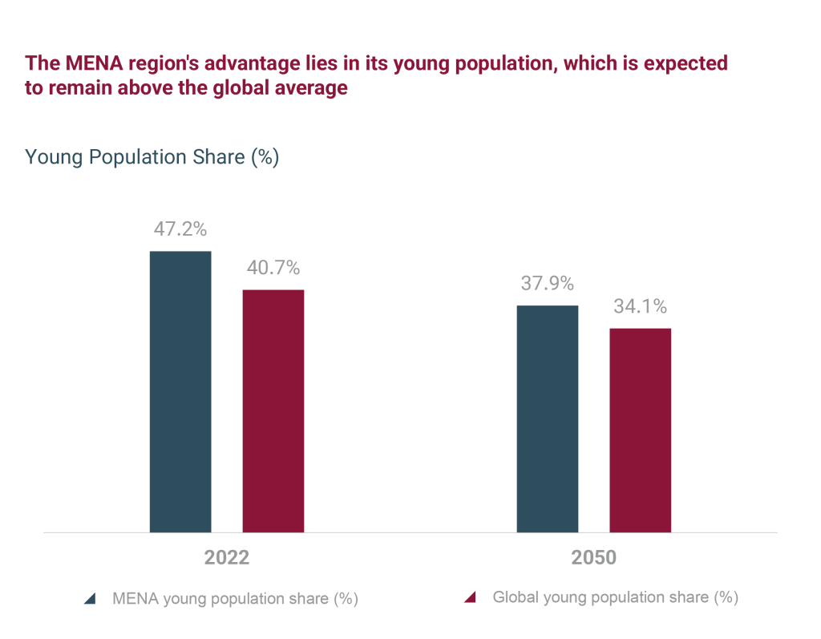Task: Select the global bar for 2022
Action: [273, 410]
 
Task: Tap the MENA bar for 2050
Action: [547, 419]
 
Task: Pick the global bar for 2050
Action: [640, 430]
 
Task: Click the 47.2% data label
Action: [180, 229]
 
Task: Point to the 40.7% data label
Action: [273, 268]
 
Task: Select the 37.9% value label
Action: [547, 284]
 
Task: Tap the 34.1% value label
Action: [640, 306]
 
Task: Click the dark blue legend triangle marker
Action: [90, 599]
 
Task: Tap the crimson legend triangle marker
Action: [471, 597]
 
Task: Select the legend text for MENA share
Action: [235, 599]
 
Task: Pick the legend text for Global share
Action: [615, 597]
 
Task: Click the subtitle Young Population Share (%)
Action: [152, 157]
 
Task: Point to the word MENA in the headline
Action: [87, 63]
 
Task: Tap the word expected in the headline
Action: [686, 63]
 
